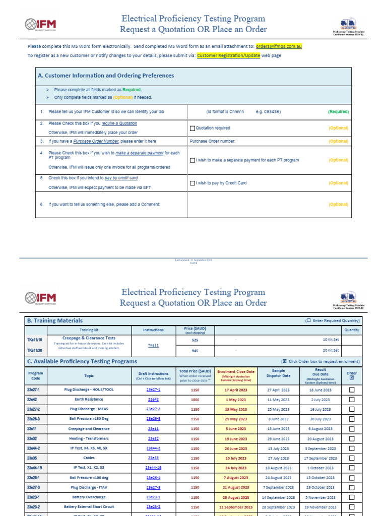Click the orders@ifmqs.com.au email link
pyautogui.click(x=278, y=46)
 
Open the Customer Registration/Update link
pyautogui.click(x=228, y=55)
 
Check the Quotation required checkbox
pyautogui.click(x=192, y=128)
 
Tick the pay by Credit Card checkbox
pyautogui.click(x=192, y=183)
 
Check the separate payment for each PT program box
pyautogui.click(x=192, y=160)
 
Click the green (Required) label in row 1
pyautogui.click(x=338, y=112)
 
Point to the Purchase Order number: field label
pyautogui.click(x=212, y=142)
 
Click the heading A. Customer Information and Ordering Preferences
pyautogui.click(x=106, y=76)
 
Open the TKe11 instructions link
pyautogui.click(x=153, y=346)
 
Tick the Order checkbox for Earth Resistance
pyautogui.click(x=352, y=400)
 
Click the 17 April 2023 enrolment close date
pyautogui.click(x=236, y=390)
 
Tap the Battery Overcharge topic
pyautogui.click(x=89, y=497)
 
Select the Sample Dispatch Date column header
pyautogui.click(x=278, y=373)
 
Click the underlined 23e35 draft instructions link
pyautogui.click(x=153, y=458)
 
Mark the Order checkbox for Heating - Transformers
pyautogui.click(x=352, y=439)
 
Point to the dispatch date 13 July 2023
pyautogui.click(x=278, y=448)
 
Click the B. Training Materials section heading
pyautogui.click(x=54, y=320)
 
